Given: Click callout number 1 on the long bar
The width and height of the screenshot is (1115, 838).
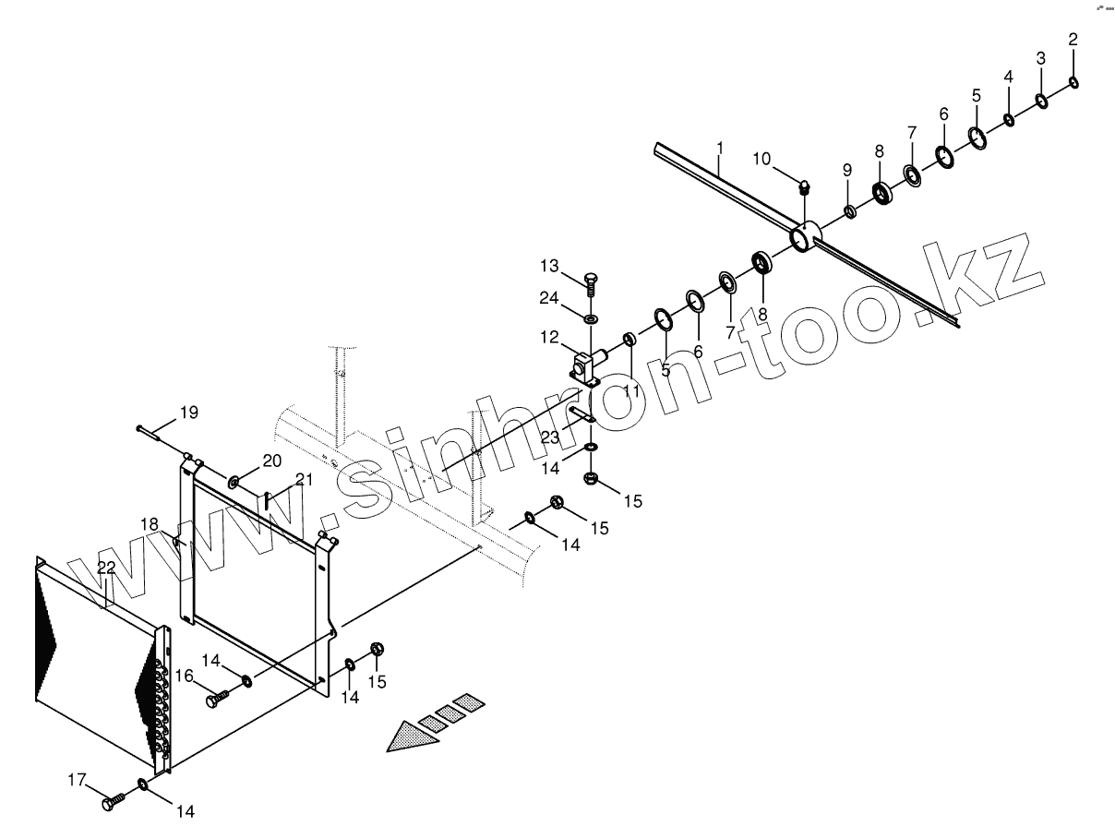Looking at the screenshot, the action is [720, 148].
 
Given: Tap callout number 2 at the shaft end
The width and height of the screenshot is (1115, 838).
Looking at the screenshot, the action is [1073, 40].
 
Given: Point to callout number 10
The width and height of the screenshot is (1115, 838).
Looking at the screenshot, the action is [761, 159].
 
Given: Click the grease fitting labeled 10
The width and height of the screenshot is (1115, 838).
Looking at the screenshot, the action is [804, 187].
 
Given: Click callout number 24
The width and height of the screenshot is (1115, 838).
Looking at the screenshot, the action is [549, 298].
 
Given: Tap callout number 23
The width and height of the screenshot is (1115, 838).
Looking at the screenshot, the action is [550, 437].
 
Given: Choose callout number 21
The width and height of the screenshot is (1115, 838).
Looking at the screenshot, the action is [305, 479].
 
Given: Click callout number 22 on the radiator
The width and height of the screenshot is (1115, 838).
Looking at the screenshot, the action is [107, 569].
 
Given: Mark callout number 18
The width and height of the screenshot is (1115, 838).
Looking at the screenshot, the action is [150, 524].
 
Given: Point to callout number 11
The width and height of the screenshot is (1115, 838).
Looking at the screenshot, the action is [631, 391].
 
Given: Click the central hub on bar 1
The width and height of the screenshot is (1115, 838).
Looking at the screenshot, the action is [806, 237].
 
